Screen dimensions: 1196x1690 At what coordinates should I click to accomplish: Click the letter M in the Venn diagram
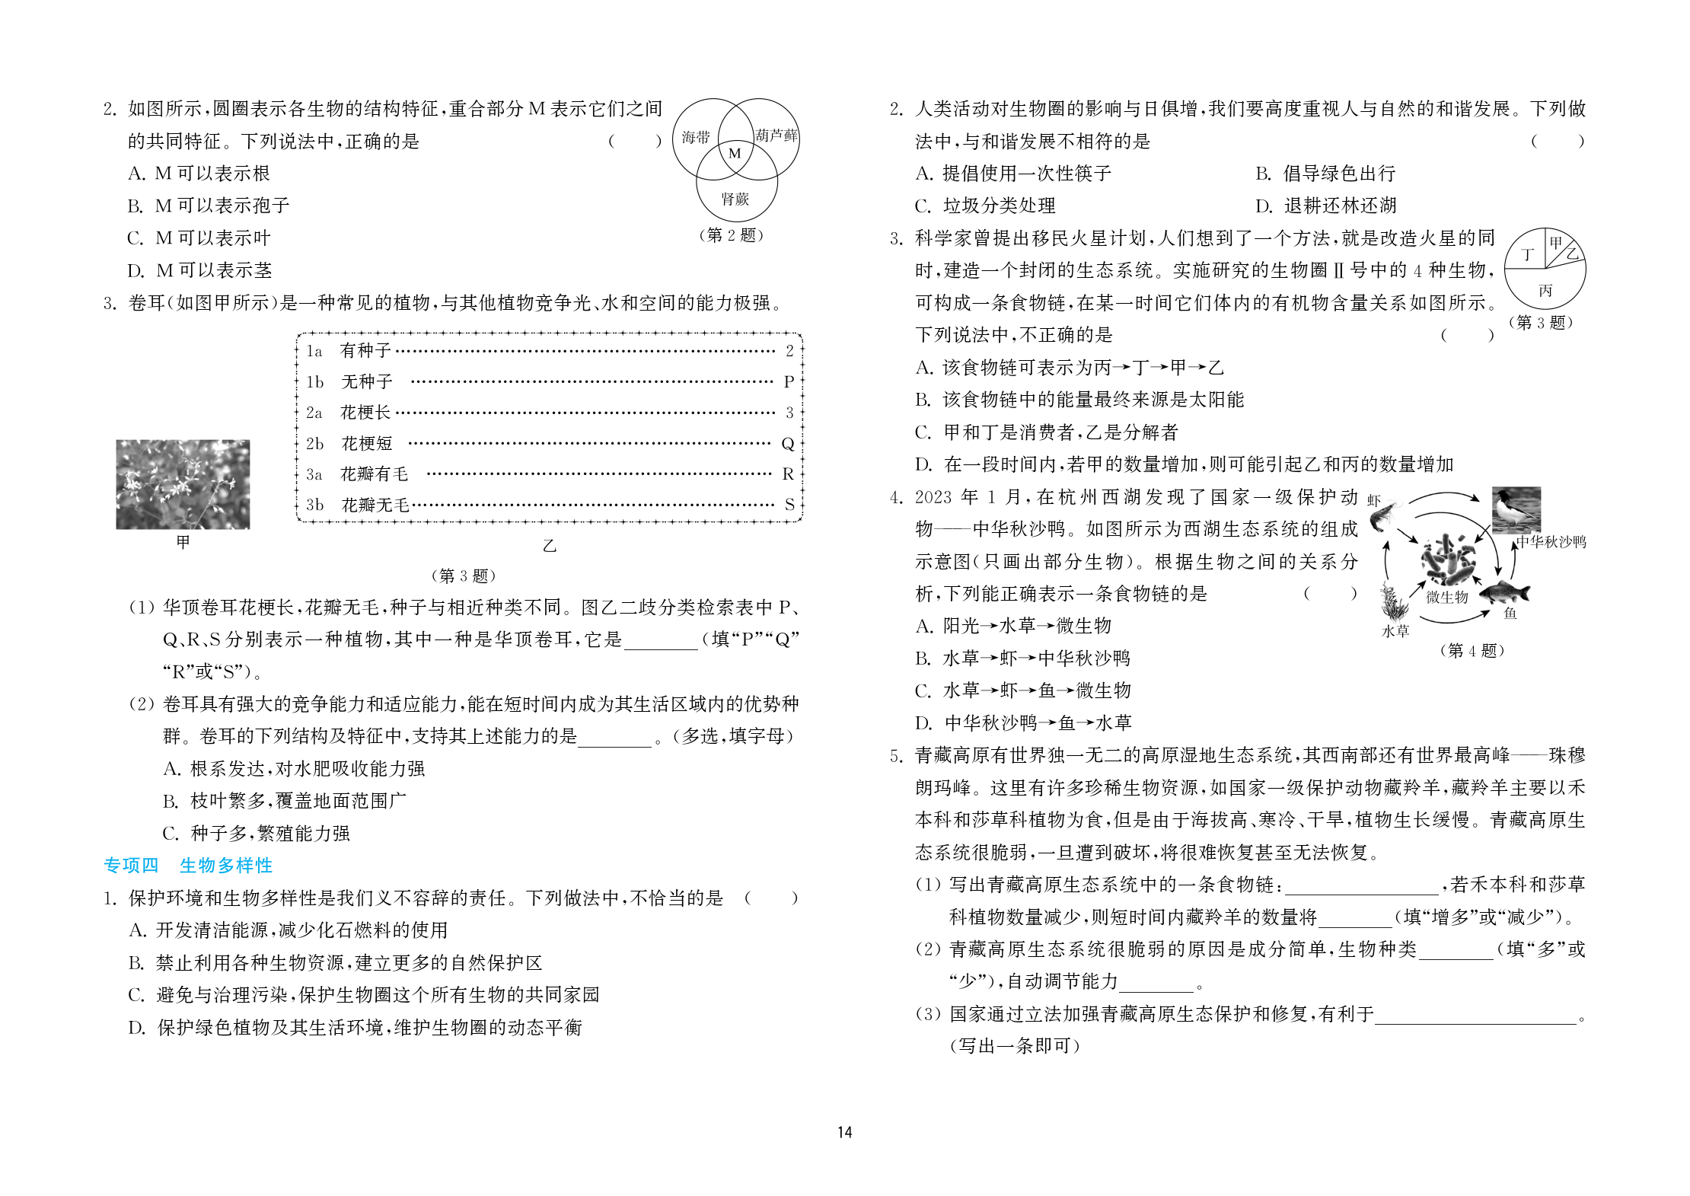point(735,153)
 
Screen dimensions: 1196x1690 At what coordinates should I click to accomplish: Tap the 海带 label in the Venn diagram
point(695,137)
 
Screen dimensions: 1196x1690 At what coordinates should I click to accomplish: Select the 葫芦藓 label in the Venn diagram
point(776,136)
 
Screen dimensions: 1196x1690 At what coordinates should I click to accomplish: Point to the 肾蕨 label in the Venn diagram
point(735,199)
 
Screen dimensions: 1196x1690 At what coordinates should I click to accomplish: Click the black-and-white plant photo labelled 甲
point(183,484)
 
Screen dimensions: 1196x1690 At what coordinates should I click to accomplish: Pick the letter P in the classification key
point(789,381)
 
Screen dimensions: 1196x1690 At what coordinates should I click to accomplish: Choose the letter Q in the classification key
point(788,443)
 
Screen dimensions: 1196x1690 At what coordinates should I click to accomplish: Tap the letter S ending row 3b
point(789,504)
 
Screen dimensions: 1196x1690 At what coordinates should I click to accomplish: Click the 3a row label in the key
point(314,474)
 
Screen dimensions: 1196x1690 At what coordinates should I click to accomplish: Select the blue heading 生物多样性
point(226,865)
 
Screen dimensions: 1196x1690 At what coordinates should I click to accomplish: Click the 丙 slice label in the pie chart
point(1545,290)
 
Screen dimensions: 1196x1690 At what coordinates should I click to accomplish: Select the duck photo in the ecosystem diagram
point(1516,509)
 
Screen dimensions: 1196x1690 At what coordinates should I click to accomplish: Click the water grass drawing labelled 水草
point(1395,605)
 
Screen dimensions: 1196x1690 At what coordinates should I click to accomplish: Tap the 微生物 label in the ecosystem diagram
point(1446,597)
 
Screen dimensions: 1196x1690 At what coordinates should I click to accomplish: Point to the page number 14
point(844,1132)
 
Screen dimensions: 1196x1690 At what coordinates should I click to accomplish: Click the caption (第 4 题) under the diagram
point(1472,650)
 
